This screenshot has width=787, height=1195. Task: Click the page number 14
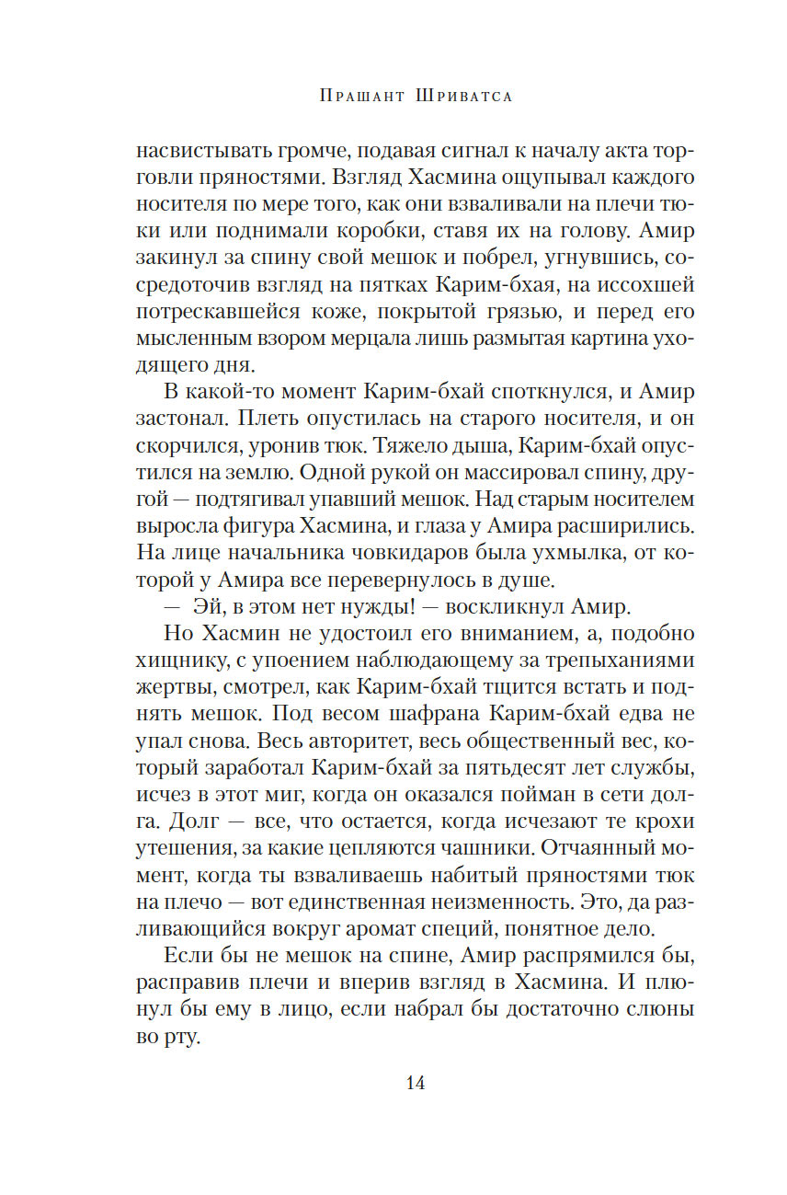(x=415, y=1082)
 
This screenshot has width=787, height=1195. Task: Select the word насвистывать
(x=190, y=150)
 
